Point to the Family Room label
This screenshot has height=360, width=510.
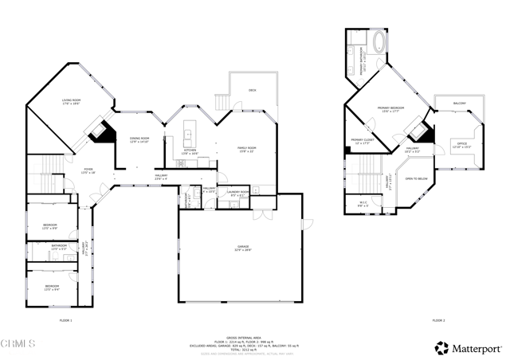(246, 149)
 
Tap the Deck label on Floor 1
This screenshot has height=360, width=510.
(252, 90)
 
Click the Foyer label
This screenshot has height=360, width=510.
(88, 170)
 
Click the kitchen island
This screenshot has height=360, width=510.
(190, 131)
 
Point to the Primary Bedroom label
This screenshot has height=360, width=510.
(391, 109)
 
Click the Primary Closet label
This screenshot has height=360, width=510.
(362, 142)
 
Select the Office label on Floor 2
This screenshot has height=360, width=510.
(461, 146)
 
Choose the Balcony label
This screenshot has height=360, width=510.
(460, 104)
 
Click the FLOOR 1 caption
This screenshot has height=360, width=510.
(65, 320)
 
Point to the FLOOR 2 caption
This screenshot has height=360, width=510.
(438, 320)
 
